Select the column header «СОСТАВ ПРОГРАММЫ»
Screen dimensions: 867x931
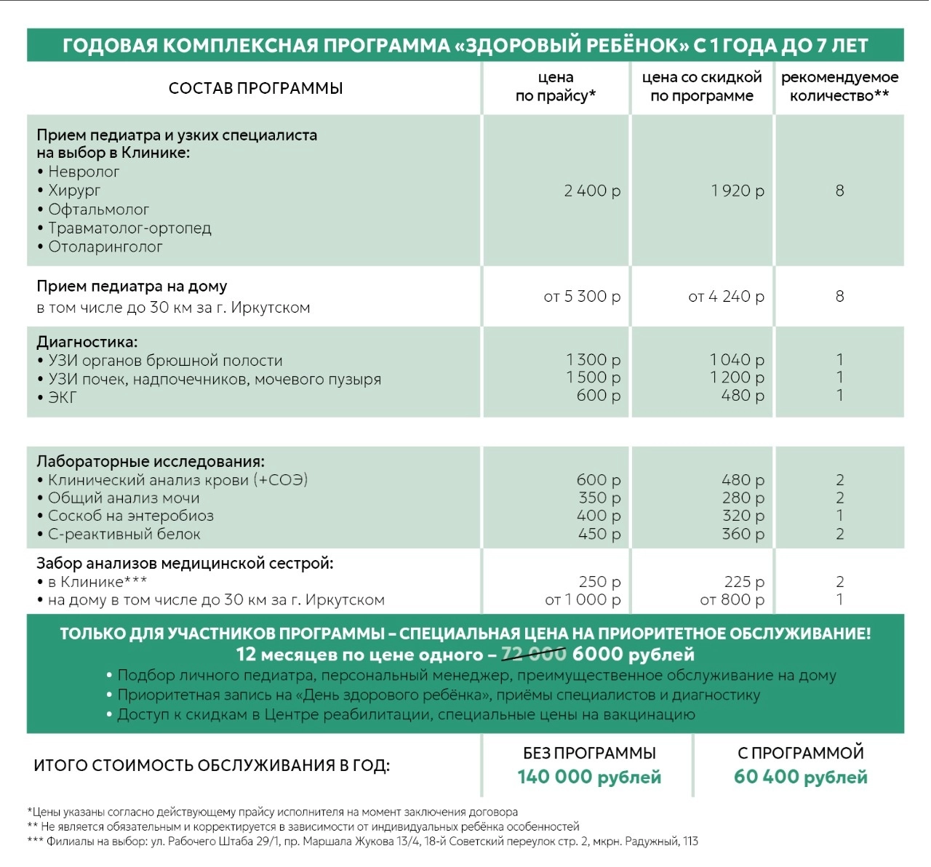255,88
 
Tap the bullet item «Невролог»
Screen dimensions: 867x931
84,172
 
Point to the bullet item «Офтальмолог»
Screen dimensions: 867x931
98,209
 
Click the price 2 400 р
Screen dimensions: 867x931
592,191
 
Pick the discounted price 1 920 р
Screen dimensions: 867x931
738,191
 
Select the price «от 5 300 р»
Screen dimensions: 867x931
582,297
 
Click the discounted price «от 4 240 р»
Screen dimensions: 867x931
726,297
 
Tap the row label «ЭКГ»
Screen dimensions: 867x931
62,398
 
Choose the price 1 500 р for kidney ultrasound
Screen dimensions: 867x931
594,377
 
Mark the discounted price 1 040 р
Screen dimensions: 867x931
737,359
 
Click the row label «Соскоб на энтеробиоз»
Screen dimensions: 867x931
130,516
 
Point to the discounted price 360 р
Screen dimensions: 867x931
743,534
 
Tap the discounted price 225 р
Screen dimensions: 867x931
744,582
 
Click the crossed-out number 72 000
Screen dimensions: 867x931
534,655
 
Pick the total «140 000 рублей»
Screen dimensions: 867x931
589,777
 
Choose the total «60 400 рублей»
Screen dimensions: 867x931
800,777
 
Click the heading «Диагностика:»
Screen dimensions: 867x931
87,342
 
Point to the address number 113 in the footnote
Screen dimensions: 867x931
690,842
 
